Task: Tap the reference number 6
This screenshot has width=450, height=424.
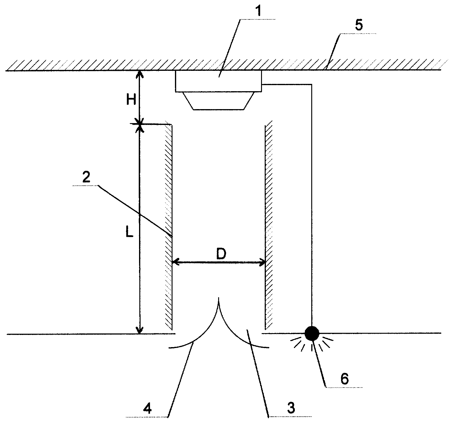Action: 344,378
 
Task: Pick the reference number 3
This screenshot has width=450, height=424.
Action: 291,408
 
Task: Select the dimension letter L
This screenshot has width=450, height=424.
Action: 129,231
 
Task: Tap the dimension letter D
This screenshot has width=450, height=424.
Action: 221,254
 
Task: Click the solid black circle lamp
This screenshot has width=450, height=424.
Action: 312,333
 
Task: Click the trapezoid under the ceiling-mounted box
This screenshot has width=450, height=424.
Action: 218,101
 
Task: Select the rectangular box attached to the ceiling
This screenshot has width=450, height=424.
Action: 218,81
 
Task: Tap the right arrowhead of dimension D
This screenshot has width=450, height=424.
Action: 262,262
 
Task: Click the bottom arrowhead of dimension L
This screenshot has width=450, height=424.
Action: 140,330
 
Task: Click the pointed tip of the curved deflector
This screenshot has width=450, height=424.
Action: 219,297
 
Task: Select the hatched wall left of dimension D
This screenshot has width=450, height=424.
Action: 169,227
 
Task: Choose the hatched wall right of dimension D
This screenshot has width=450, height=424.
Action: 268,225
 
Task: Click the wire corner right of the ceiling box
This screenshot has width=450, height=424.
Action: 312,84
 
